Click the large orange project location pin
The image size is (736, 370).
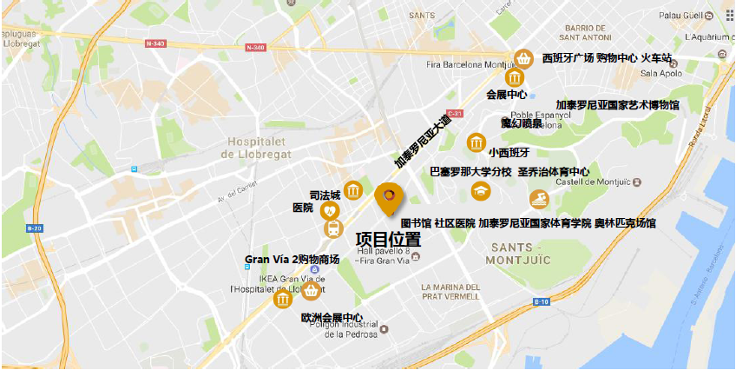coord(389,199)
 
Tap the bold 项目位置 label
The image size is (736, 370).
coord(388,238)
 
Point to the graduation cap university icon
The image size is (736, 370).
coord(480,190)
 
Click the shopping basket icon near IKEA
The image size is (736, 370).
coord(310,289)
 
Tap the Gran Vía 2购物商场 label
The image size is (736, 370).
coord(292,259)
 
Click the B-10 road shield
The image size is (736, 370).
coord(542,301)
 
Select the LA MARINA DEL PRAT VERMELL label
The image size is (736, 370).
coord(450,293)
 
